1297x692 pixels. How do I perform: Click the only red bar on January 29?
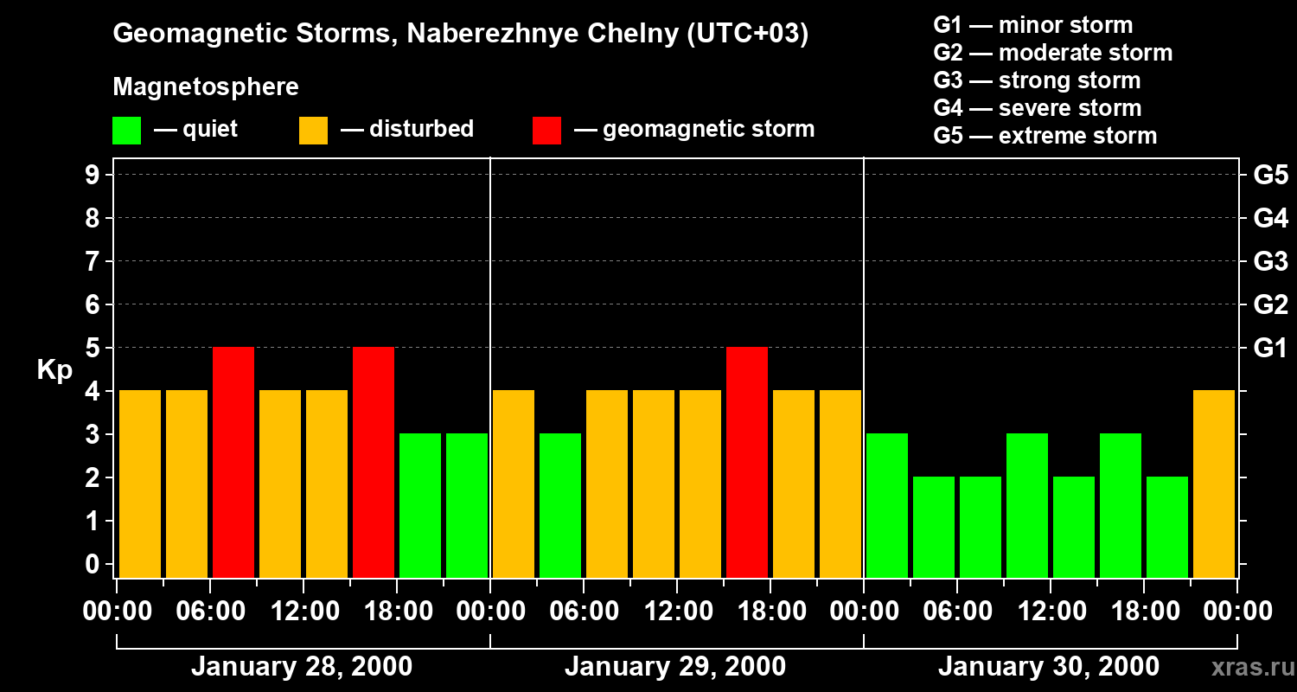click(747, 462)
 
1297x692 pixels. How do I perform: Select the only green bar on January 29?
click(560, 505)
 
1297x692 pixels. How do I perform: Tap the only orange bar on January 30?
click(1214, 484)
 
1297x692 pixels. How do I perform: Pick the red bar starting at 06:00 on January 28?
click(233, 462)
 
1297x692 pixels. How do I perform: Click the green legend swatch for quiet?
click(127, 131)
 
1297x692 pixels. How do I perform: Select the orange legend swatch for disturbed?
click(313, 131)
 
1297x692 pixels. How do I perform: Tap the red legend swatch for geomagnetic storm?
click(547, 131)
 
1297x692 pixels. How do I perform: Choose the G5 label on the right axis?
click(1270, 176)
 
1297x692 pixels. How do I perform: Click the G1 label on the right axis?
click(1270, 349)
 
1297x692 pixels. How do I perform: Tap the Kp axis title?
click(54, 370)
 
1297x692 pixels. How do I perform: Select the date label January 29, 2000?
click(675, 667)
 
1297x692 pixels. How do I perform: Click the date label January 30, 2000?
click(1049, 667)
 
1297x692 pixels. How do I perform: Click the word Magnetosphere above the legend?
click(206, 87)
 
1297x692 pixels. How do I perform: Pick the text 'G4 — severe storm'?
click(1038, 108)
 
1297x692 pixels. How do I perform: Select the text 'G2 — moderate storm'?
click(1053, 53)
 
